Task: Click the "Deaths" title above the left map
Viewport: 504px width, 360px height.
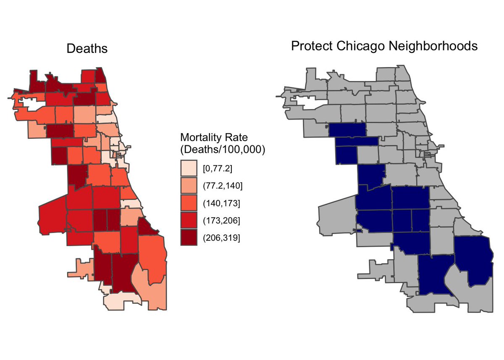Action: [x=87, y=49]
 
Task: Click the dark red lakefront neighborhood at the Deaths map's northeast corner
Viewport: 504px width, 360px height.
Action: [x=101, y=77]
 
